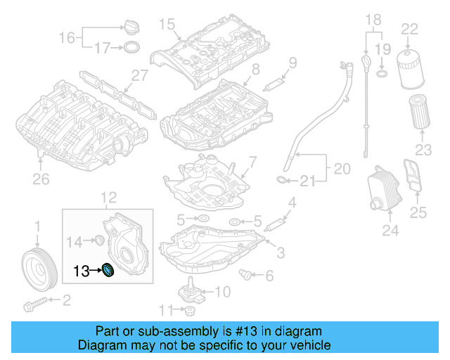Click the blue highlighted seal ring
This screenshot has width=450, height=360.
point(108,269)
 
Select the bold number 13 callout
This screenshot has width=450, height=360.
point(81,269)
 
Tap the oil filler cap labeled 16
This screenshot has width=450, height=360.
point(131,27)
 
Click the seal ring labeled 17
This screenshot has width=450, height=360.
point(131,48)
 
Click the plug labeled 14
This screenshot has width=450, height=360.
point(99,242)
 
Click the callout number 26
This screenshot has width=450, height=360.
point(41,179)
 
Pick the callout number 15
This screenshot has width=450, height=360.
point(165,25)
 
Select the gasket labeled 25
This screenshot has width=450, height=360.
point(413,175)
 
